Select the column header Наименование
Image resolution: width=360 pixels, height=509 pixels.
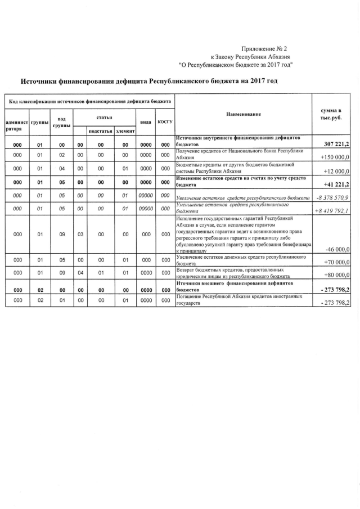point(244,114)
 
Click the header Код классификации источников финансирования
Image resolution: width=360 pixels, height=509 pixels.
point(88,101)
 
